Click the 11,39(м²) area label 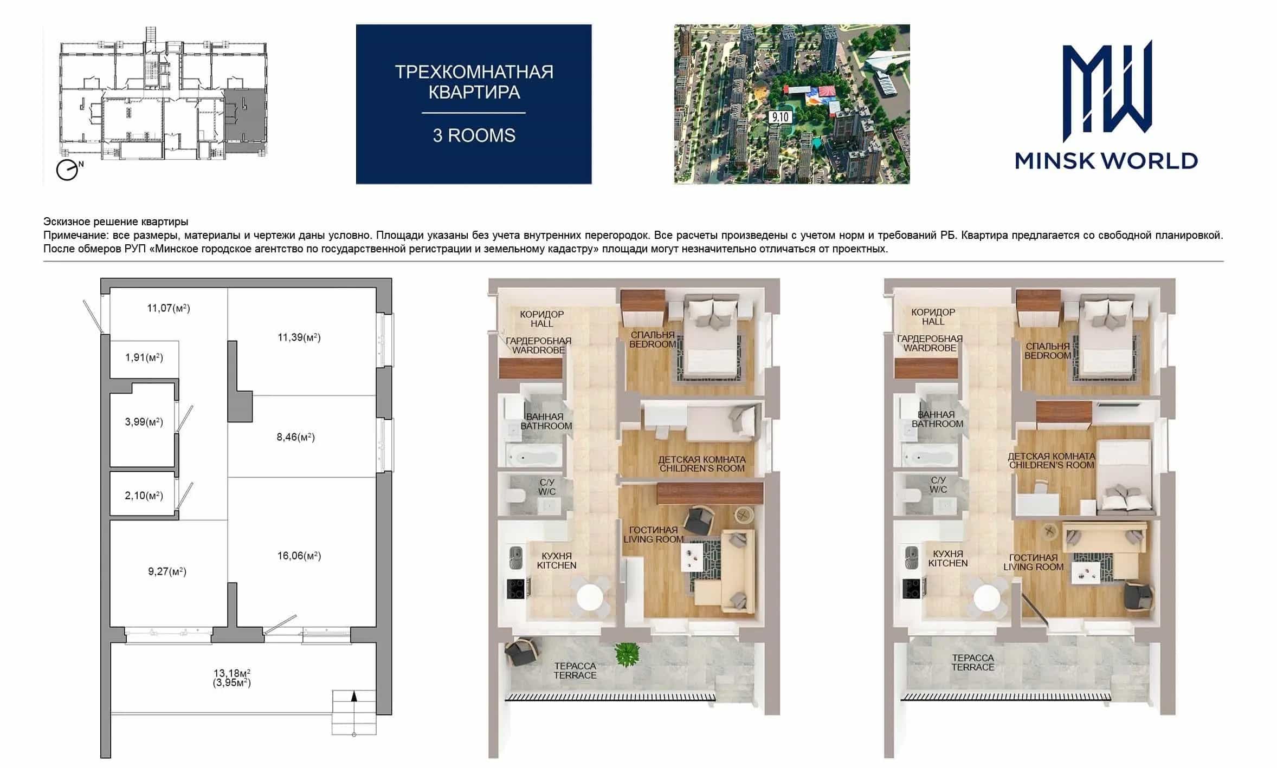299,337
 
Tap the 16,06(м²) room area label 299,556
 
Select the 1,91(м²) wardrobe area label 144,357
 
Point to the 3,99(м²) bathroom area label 144,422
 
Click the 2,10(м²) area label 144,496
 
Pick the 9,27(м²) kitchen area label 167,571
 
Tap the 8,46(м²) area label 296,437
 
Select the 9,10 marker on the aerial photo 781,116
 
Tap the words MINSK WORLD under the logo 1106,161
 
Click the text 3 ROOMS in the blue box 474,135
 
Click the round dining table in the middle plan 590,597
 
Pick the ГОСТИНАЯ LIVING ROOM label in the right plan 1034,562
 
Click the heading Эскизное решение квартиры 116,222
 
